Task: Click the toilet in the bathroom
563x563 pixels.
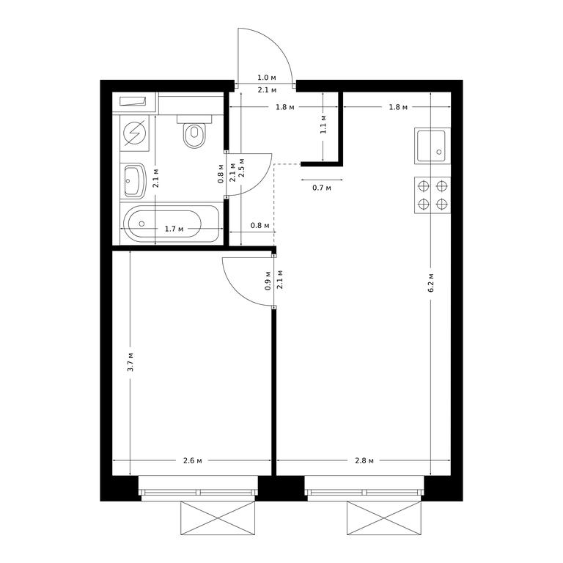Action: pos(194,131)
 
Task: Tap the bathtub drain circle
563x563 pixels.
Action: pos(141,224)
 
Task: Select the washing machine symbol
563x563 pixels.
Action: pos(134,133)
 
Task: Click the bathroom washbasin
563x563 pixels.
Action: pos(133,180)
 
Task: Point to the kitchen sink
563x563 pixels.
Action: pos(433,146)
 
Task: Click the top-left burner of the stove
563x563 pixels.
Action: pos(424,186)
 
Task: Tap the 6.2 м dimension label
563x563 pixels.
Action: pos(431,282)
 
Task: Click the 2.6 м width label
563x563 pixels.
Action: pos(193,460)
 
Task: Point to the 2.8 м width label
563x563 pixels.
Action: pos(364,460)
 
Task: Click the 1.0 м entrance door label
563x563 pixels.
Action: pos(267,78)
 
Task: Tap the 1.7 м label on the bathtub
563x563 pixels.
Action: pos(174,229)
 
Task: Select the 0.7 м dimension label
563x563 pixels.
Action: pos(322,188)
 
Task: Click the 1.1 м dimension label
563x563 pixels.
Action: pos(323,124)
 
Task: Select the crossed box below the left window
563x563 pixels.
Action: pos(218,518)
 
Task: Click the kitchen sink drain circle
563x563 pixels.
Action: pos(439,152)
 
